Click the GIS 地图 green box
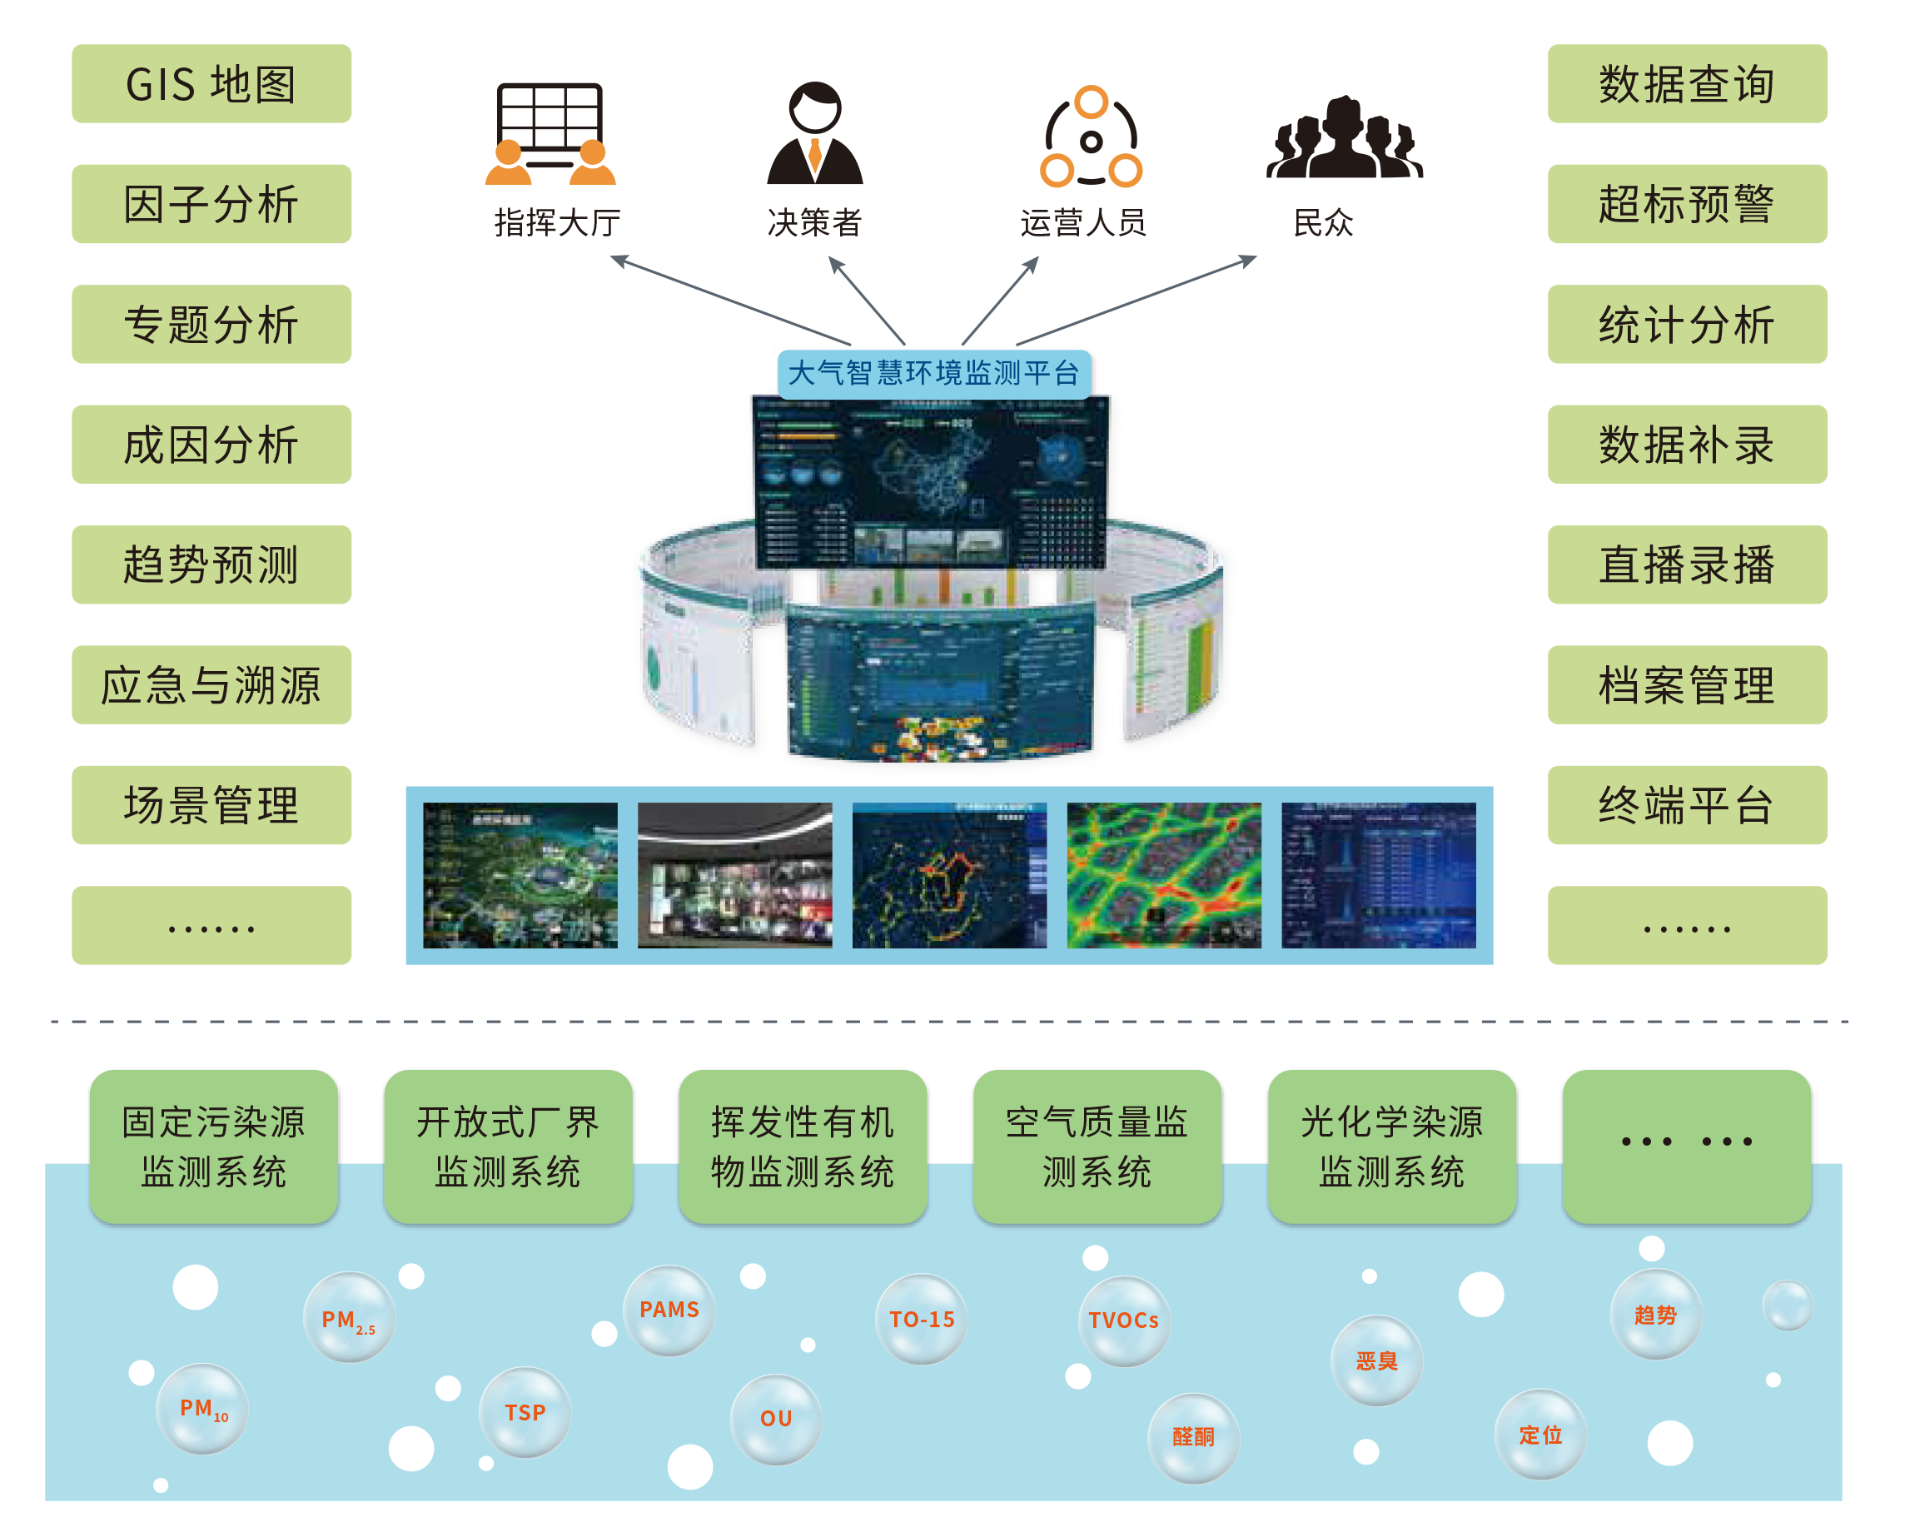(211, 84)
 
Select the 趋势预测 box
(211, 565)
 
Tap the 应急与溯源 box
(211, 684)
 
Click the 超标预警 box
(1687, 204)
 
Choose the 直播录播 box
(1687, 565)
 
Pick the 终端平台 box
(1687, 805)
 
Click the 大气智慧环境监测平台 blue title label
(933, 374)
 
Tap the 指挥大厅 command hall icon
(550, 134)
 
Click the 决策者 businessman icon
(814, 134)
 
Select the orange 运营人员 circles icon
(1092, 138)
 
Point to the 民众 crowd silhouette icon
(1343, 140)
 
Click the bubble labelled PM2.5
(349, 1318)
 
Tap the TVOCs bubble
(1124, 1321)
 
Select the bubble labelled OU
(776, 1419)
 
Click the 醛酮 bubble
(1193, 1437)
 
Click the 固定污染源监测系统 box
(213, 1146)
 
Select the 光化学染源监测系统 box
(1391, 1146)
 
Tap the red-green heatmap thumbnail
(1164, 875)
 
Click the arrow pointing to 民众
(1140, 301)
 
